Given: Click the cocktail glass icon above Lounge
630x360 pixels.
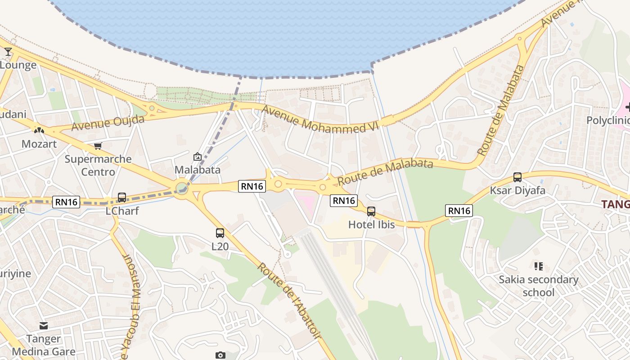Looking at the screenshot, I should coord(8,52).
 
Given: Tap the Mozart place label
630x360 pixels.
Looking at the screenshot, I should coord(39,144).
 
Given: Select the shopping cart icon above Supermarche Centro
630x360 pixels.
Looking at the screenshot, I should coord(98,146).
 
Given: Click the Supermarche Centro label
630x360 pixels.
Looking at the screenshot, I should coord(98,165).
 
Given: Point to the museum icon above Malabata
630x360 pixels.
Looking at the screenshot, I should coord(197,157).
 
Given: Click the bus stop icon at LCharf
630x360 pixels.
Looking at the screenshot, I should coord(121,198).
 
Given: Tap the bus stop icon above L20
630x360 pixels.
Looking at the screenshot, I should coord(220,233).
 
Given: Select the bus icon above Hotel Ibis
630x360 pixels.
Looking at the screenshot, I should coord(371,211).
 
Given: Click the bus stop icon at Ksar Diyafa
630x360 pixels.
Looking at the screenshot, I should coord(517,177).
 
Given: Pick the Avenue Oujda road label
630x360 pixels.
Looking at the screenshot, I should coord(108,123).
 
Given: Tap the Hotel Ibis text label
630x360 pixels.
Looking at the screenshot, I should coord(371,224).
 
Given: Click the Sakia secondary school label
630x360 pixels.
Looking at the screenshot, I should coord(539,286).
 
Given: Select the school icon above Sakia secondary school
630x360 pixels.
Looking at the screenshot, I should coord(538,266).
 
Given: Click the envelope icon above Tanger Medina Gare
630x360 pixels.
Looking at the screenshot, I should coord(43,325).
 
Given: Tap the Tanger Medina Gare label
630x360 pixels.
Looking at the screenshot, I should coord(43,345).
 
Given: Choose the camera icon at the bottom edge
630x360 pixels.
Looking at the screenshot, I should coord(220,355).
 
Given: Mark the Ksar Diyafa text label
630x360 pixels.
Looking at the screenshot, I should coord(517,190).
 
